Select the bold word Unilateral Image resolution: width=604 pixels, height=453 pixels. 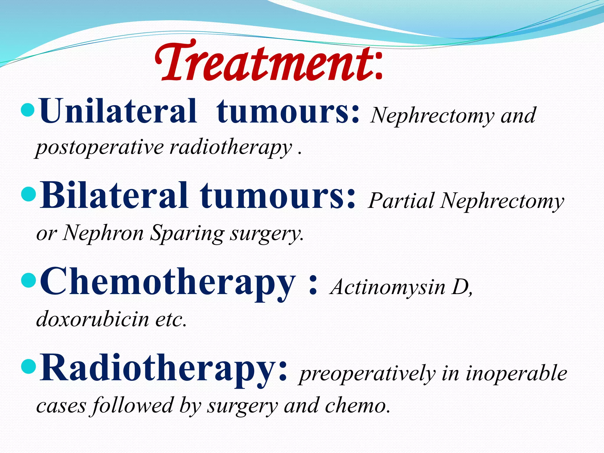tap(118, 111)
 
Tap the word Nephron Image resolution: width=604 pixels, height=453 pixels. tap(103, 233)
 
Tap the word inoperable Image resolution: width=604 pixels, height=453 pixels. tap(516, 373)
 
